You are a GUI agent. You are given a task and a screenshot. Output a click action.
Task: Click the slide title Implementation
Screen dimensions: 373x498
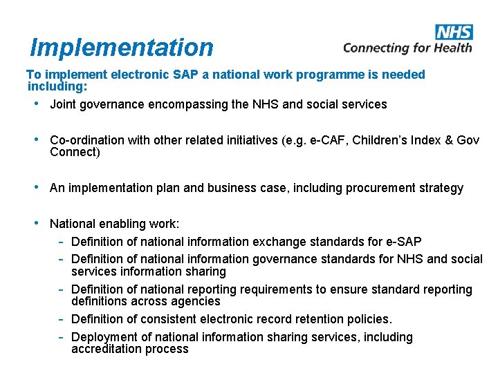122,47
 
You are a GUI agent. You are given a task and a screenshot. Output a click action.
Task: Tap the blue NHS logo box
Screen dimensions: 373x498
454,32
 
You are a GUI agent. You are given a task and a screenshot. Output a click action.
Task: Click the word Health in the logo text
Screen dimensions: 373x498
452,48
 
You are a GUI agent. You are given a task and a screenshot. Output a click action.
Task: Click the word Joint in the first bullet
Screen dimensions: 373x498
63,104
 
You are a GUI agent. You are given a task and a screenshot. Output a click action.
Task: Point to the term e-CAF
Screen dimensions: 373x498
328,140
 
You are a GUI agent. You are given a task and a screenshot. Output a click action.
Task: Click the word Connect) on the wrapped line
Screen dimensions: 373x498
75,152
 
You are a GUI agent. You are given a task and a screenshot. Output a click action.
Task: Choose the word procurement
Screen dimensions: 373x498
376,188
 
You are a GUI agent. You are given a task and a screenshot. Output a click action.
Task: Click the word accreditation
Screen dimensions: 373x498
105,349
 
